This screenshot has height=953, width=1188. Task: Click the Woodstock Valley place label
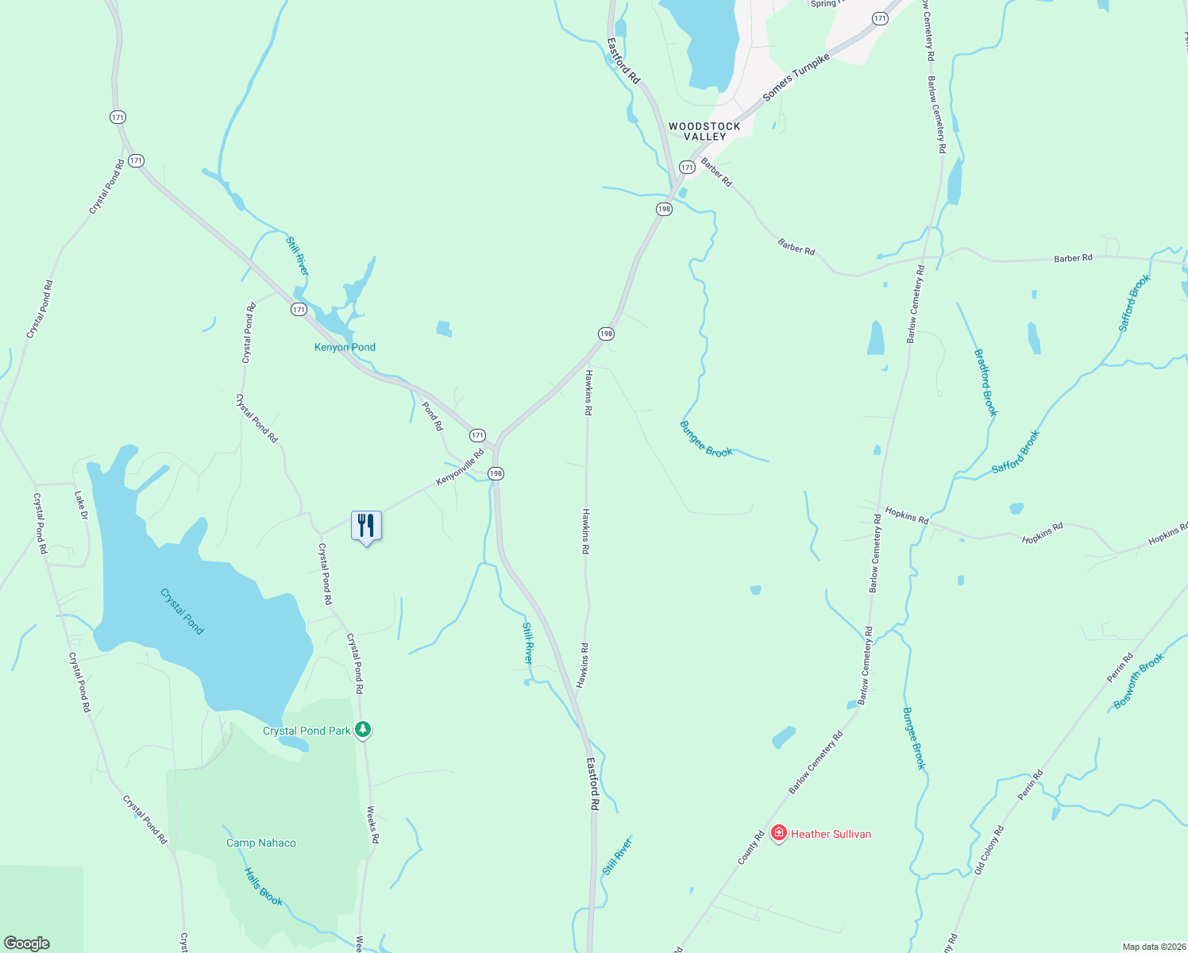click(x=704, y=131)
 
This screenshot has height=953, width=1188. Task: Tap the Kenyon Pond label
click(x=345, y=347)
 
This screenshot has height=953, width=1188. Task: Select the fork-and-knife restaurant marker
click(x=366, y=526)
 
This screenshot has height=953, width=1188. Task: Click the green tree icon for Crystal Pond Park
click(x=363, y=729)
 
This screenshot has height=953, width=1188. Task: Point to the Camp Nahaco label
click(x=260, y=843)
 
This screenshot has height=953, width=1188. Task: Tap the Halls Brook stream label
click(x=263, y=886)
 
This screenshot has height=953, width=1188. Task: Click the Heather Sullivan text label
click(x=831, y=834)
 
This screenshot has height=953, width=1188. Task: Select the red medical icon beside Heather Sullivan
click(x=779, y=833)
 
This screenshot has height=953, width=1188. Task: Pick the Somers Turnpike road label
click(x=796, y=77)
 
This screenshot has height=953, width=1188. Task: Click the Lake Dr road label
click(x=80, y=505)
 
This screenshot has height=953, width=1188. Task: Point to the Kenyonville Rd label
click(x=460, y=469)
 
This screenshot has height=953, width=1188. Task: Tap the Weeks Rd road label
click(x=372, y=825)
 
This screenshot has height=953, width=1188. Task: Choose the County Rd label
click(x=750, y=847)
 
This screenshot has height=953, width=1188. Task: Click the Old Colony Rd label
click(x=989, y=850)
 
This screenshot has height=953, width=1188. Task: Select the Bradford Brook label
click(x=985, y=383)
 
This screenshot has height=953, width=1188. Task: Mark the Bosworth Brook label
click(x=1139, y=681)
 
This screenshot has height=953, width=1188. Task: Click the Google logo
click(x=27, y=943)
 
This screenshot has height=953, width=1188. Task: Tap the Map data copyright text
click(x=1153, y=947)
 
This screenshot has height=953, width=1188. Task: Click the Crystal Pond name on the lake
click(x=182, y=611)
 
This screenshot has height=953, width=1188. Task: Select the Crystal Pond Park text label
click(x=307, y=731)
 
